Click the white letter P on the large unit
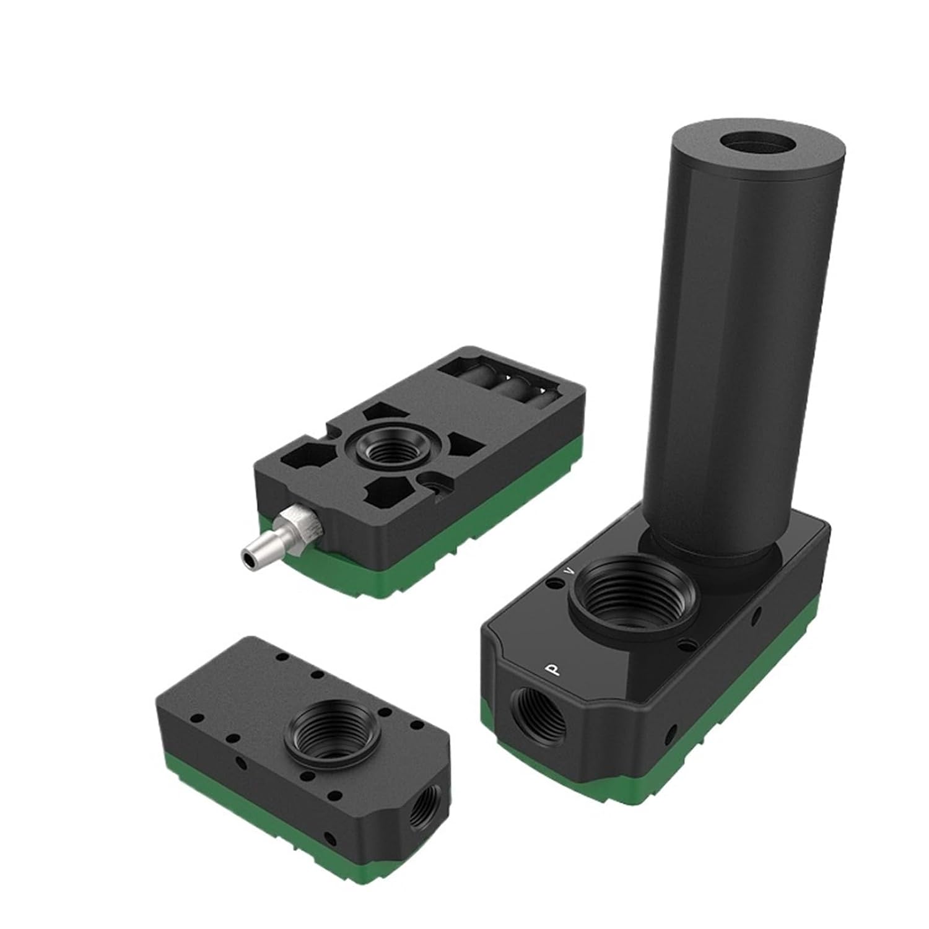pyautogui.click(x=549, y=670)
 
